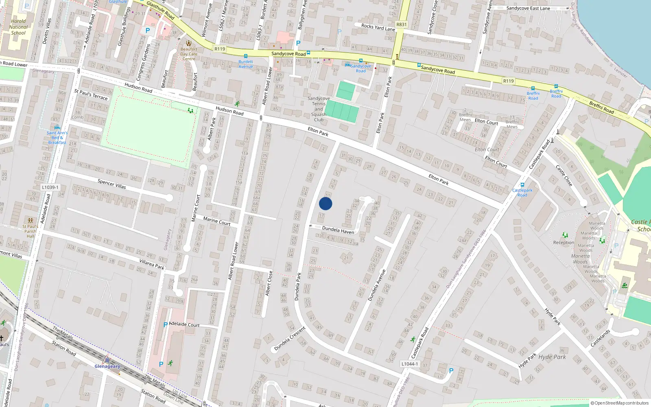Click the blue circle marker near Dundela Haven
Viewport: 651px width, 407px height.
[325, 203]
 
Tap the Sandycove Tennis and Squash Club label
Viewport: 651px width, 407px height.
[319, 109]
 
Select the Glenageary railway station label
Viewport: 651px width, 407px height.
[107, 366]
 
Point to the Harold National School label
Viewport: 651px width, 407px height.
[18, 27]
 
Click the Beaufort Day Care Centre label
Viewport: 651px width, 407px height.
[189, 54]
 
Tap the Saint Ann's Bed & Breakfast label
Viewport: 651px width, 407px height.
[57, 138]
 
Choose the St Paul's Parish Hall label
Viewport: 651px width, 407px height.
[31, 231]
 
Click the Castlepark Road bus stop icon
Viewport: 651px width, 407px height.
[522, 185]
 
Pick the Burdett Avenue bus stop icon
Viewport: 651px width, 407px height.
[245, 57]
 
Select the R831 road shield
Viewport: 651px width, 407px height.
[401, 24]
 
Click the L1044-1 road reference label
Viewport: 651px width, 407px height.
[410, 364]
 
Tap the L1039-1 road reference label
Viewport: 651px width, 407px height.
[50, 187]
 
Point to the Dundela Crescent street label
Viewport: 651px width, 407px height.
[290, 339]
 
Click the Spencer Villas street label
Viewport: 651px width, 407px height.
[111, 184]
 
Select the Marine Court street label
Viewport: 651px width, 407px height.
[217, 221]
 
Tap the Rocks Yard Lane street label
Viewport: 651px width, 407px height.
[378, 27]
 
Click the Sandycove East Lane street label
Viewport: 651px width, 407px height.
[528, 8]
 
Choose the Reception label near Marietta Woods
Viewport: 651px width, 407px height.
[564, 243]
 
